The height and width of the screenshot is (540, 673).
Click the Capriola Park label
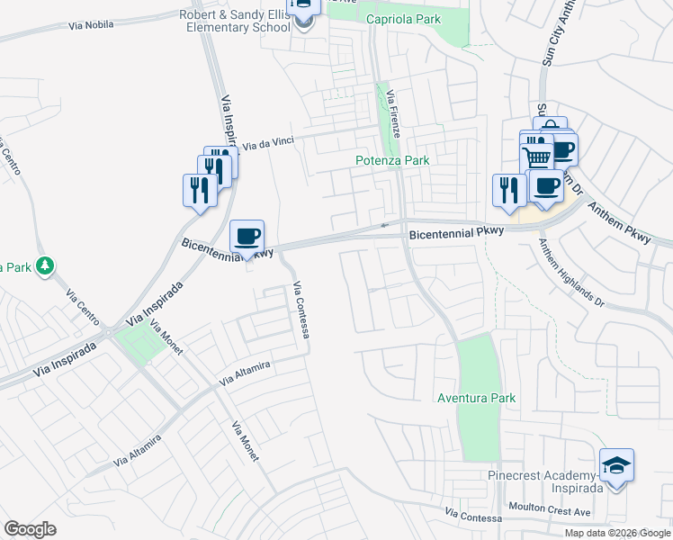pyautogui.click(x=400, y=19)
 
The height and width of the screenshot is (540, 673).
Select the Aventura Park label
pyautogui.click(x=476, y=398)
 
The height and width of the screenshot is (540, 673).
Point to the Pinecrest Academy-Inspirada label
pyautogui.click(x=543, y=476)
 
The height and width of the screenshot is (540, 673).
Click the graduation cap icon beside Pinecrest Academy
pyautogui.click(x=617, y=466)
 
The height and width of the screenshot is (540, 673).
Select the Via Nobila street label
pyautogui.click(x=91, y=24)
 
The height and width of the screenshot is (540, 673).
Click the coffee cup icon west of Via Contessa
pyautogui.click(x=247, y=238)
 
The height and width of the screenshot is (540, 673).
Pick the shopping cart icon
pyautogui.click(x=537, y=157)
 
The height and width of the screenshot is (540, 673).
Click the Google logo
pyautogui.click(x=30, y=529)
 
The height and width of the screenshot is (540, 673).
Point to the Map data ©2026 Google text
pyautogui.click(x=617, y=533)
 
